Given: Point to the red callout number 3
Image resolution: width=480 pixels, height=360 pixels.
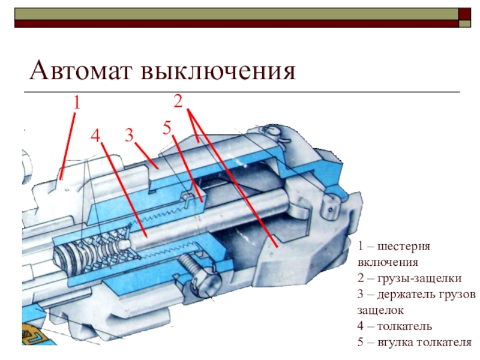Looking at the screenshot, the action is point(129,135).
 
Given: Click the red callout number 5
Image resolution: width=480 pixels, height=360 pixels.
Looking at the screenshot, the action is point(167,127).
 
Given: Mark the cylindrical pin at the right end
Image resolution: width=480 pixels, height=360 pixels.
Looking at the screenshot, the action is point(329,207).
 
